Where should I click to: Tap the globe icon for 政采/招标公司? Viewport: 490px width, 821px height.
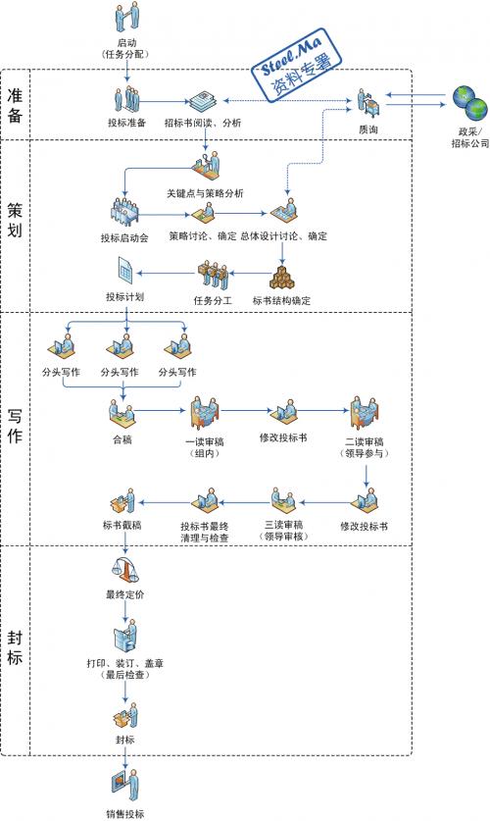(x=469, y=103)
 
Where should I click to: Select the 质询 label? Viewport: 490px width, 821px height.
(x=368, y=129)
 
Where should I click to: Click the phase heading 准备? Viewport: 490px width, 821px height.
(x=15, y=105)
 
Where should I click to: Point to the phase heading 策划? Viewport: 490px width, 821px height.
(x=15, y=220)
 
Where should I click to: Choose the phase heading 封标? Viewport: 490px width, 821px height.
(x=15, y=647)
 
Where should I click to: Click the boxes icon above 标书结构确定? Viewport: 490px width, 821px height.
(x=282, y=278)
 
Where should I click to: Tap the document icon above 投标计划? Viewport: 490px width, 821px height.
(x=124, y=272)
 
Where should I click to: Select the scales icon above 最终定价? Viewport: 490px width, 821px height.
(x=125, y=571)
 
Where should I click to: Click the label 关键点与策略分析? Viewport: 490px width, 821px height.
(x=205, y=193)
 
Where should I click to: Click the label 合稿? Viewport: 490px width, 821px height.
(x=122, y=439)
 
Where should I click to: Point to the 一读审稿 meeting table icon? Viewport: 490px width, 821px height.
(x=205, y=413)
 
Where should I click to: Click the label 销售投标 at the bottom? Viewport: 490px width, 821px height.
(x=125, y=814)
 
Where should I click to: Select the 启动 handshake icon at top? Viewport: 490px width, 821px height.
(x=127, y=17)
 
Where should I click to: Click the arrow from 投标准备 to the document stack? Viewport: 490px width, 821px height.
(x=165, y=102)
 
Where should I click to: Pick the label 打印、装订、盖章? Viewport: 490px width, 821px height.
(x=125, y=663)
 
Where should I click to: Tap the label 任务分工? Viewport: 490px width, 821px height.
(x=213, y=300)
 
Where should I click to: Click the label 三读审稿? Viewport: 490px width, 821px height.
(x=284, y=524)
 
